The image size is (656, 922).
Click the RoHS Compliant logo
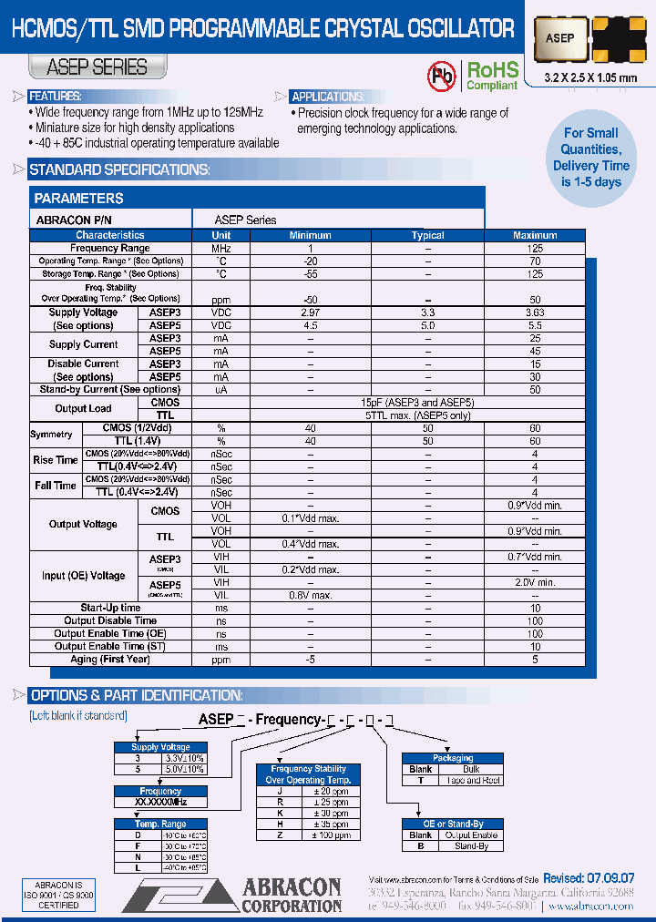coord(492,75)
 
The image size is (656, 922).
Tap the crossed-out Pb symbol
coord(442,75)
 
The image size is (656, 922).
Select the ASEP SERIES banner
coord(97,67)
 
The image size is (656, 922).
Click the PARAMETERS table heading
coord(78,199)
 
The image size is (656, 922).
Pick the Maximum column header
coord(535,235)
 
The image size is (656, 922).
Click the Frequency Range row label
coord(110,248)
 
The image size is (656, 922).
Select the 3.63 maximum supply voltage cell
coord(535,312)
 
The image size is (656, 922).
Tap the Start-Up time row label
coord(110,608)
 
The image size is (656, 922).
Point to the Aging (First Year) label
coord(110,659)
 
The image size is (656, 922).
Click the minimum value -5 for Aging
coord(310,659)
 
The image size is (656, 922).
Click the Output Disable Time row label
coord(110,620)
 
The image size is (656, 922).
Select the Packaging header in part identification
coord(453,758)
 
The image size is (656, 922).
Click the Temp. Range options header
coord(160,824)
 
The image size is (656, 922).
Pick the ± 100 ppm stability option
coord(330,835)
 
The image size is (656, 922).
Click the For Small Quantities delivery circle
coord(591,158)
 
